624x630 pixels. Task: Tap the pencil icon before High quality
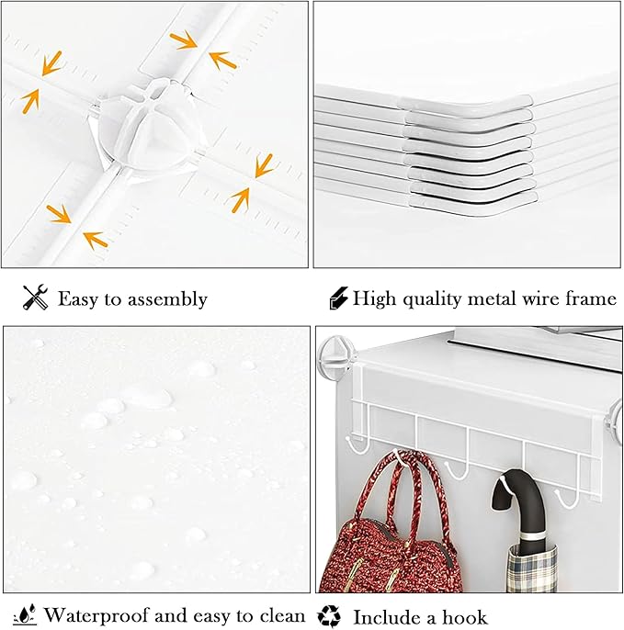coord(337,298)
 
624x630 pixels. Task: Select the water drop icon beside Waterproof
coord(25,613)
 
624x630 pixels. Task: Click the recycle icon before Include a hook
coord(330,615)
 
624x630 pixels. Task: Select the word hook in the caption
coord(464,616)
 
